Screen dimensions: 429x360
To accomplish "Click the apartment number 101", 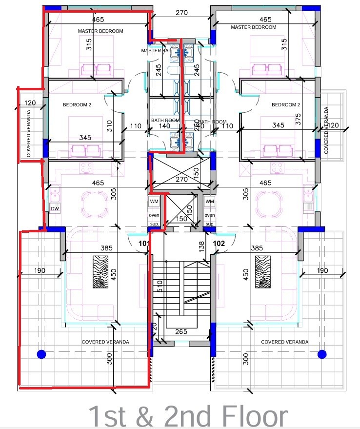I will [143, 243].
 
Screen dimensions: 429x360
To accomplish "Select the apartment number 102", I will [219, 243].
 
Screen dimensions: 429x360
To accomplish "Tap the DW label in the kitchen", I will [55, 209].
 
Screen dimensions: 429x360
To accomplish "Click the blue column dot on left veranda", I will [41, 354].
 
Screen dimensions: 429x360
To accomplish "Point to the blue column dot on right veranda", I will [321, 354].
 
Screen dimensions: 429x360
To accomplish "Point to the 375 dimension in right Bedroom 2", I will [298, 119].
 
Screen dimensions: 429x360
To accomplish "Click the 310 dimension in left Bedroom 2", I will [109, 126].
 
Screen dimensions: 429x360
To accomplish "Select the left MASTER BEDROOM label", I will [100, 31].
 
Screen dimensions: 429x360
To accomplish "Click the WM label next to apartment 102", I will [210, 202].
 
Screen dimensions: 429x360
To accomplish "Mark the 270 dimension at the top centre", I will [181, 13].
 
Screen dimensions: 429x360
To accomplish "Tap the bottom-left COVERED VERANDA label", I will [106, 342].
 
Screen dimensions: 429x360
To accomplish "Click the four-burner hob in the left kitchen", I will [87, 167].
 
